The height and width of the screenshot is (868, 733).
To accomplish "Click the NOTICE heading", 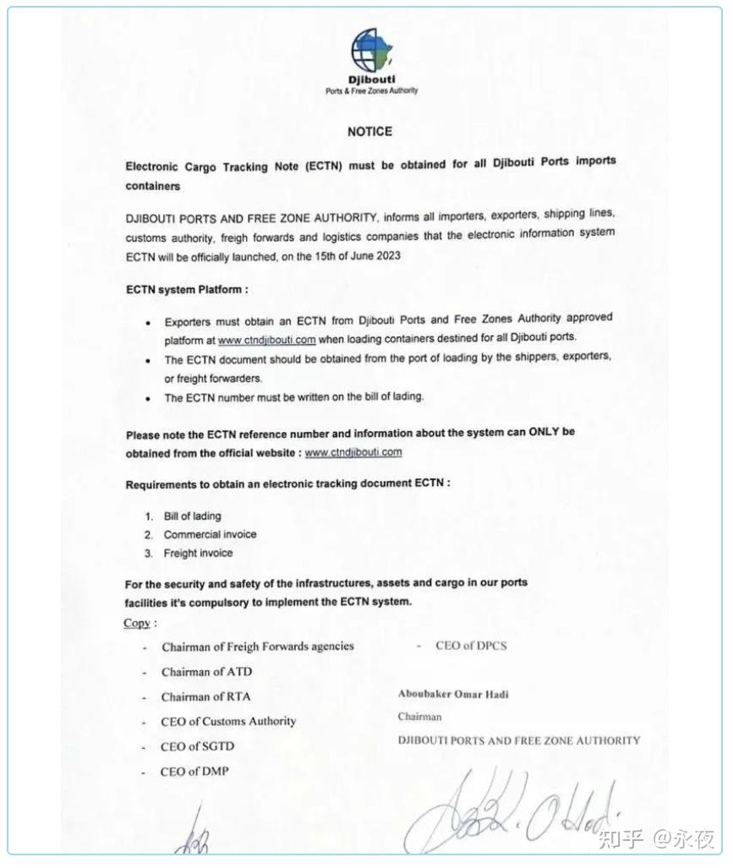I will (x=369, y=132).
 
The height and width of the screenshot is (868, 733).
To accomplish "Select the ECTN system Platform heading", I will (x=187, y=289).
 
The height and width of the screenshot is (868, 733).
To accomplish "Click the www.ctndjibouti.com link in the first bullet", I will (x=266, y=340).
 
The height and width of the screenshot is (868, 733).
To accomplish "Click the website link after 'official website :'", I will (x=353, y=452).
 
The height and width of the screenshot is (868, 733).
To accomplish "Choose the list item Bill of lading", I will (x=192, y=516).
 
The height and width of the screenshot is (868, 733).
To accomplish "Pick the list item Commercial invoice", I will (x=210, y=534).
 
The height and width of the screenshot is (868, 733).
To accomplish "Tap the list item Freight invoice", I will (x=198, y=553).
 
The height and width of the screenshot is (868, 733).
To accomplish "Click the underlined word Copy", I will (x=137, y=623).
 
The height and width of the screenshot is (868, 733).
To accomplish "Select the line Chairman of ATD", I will (x=206, y=672).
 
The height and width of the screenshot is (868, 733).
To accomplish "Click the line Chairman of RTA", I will (x=205, y=696).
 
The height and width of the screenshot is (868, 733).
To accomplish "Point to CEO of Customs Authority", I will (x=228, y=721).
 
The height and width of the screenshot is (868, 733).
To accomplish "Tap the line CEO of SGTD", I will (x=197, y=746).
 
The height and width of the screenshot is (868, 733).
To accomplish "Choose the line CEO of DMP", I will (x=194, y=771).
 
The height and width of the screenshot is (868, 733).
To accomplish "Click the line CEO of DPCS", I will (x=471, y=646).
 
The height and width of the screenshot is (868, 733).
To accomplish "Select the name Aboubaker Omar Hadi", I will (x=453, y=695).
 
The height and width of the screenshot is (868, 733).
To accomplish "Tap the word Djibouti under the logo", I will (x=371, y=79).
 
